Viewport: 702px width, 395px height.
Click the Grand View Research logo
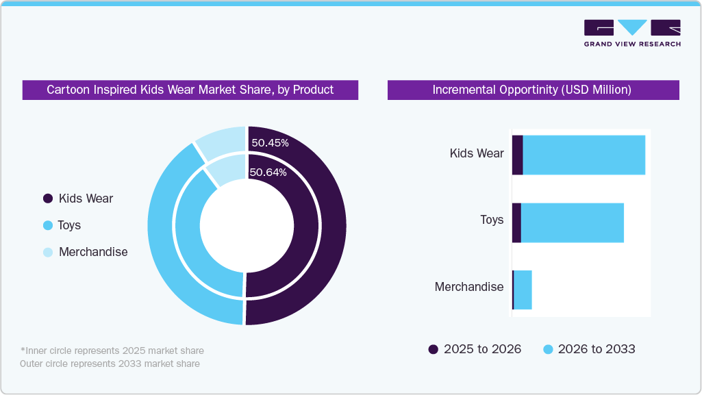[631, 33]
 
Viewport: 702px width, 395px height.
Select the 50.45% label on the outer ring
[270, 143]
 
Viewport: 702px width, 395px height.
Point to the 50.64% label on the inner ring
[268, 173]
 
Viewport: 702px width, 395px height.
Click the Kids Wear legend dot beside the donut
[48, 199]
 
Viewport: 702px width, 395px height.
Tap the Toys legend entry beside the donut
[68, 225]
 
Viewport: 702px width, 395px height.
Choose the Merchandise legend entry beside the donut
[92, 252]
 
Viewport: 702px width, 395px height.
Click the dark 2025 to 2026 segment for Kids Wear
[518, 155]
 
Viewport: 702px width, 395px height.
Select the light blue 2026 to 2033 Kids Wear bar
[584, 155]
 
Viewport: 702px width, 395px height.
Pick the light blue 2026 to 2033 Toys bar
[572, 222]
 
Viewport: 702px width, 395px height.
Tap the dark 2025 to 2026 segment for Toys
[516, 222]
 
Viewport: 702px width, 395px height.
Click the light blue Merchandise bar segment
[523, 290]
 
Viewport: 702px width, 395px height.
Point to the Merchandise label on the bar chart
[469, 287]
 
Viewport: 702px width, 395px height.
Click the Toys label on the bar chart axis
[492, 220]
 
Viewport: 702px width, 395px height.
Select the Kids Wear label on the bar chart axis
[477, 153]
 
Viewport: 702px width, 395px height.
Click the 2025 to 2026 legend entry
[475, 349]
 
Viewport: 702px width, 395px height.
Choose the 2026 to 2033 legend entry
[589, 349]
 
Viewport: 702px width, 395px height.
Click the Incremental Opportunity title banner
[533, 90]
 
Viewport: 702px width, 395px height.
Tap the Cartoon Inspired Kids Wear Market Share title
[190, 90]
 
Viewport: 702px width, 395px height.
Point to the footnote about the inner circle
[112, 351]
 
